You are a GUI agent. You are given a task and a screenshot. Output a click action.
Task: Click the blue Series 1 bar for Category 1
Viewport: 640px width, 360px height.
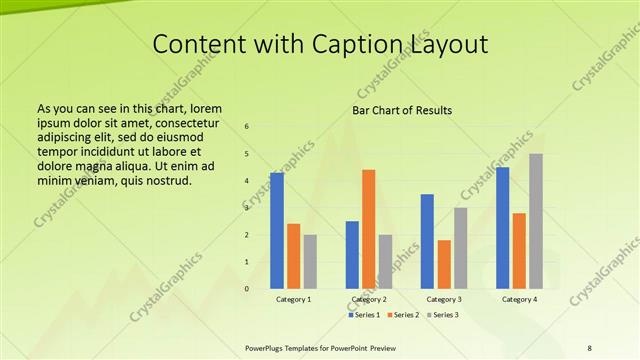click(277, 231)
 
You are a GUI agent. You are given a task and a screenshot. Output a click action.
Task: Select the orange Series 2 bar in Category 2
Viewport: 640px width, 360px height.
click(369, 229)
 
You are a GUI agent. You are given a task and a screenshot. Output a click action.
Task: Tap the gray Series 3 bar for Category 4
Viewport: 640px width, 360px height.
click(536, 221)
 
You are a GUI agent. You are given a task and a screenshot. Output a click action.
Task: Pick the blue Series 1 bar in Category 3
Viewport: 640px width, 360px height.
click(427, 241)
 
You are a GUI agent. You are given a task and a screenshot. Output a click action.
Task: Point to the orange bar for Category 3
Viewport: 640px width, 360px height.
click(444, 264)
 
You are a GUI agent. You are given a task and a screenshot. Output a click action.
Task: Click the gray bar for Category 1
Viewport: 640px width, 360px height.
click(310, 261)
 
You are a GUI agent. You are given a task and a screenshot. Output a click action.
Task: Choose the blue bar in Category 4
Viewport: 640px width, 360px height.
click(502, 228)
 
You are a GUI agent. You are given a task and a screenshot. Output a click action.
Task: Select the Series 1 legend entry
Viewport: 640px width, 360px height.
click(366, 315)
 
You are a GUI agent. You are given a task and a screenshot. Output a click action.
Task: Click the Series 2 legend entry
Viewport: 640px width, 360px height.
click(403, 315)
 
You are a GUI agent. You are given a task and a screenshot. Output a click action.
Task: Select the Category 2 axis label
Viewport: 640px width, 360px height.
click(369, 299)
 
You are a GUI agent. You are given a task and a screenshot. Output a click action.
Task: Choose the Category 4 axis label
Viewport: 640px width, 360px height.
click(519, 299)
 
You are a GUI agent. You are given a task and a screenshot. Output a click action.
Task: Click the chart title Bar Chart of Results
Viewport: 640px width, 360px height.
click(402, 110)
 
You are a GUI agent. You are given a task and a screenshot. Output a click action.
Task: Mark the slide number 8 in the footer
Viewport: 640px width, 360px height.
click(589, 347)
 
